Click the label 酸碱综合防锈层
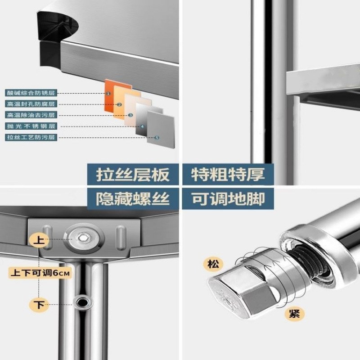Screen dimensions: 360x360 tap(31, 93)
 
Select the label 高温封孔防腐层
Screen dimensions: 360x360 tap(31, 104)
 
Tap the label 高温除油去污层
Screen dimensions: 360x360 tap(31, 115)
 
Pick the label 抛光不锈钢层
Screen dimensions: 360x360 tap(31, 126)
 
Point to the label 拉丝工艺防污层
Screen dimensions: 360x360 tap(31, 137)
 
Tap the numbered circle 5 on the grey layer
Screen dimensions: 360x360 tap(157, 138)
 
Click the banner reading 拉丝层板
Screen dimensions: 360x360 tap(133, 175)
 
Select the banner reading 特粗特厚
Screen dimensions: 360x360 tap(227, 175)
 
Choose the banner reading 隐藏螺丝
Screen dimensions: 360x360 tap(133, 198)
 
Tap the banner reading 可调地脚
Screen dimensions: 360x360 tap(227, 198)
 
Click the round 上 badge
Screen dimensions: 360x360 tap(39, 240)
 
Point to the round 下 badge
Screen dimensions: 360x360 tap(40, 305)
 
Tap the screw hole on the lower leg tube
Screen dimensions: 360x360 tap(83, 301)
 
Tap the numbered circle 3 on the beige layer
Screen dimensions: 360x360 tap(130, 115)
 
